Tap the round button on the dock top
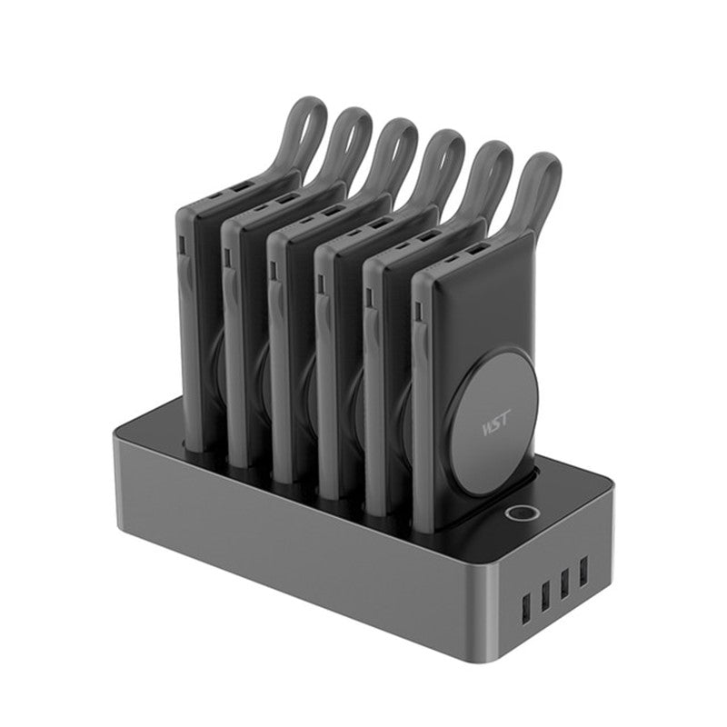click(x=521, y=513)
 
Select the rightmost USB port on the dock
click(x=583, y=571)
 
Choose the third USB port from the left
click(x=564, y=583)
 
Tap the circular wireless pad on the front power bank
click(x=497, y=424)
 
